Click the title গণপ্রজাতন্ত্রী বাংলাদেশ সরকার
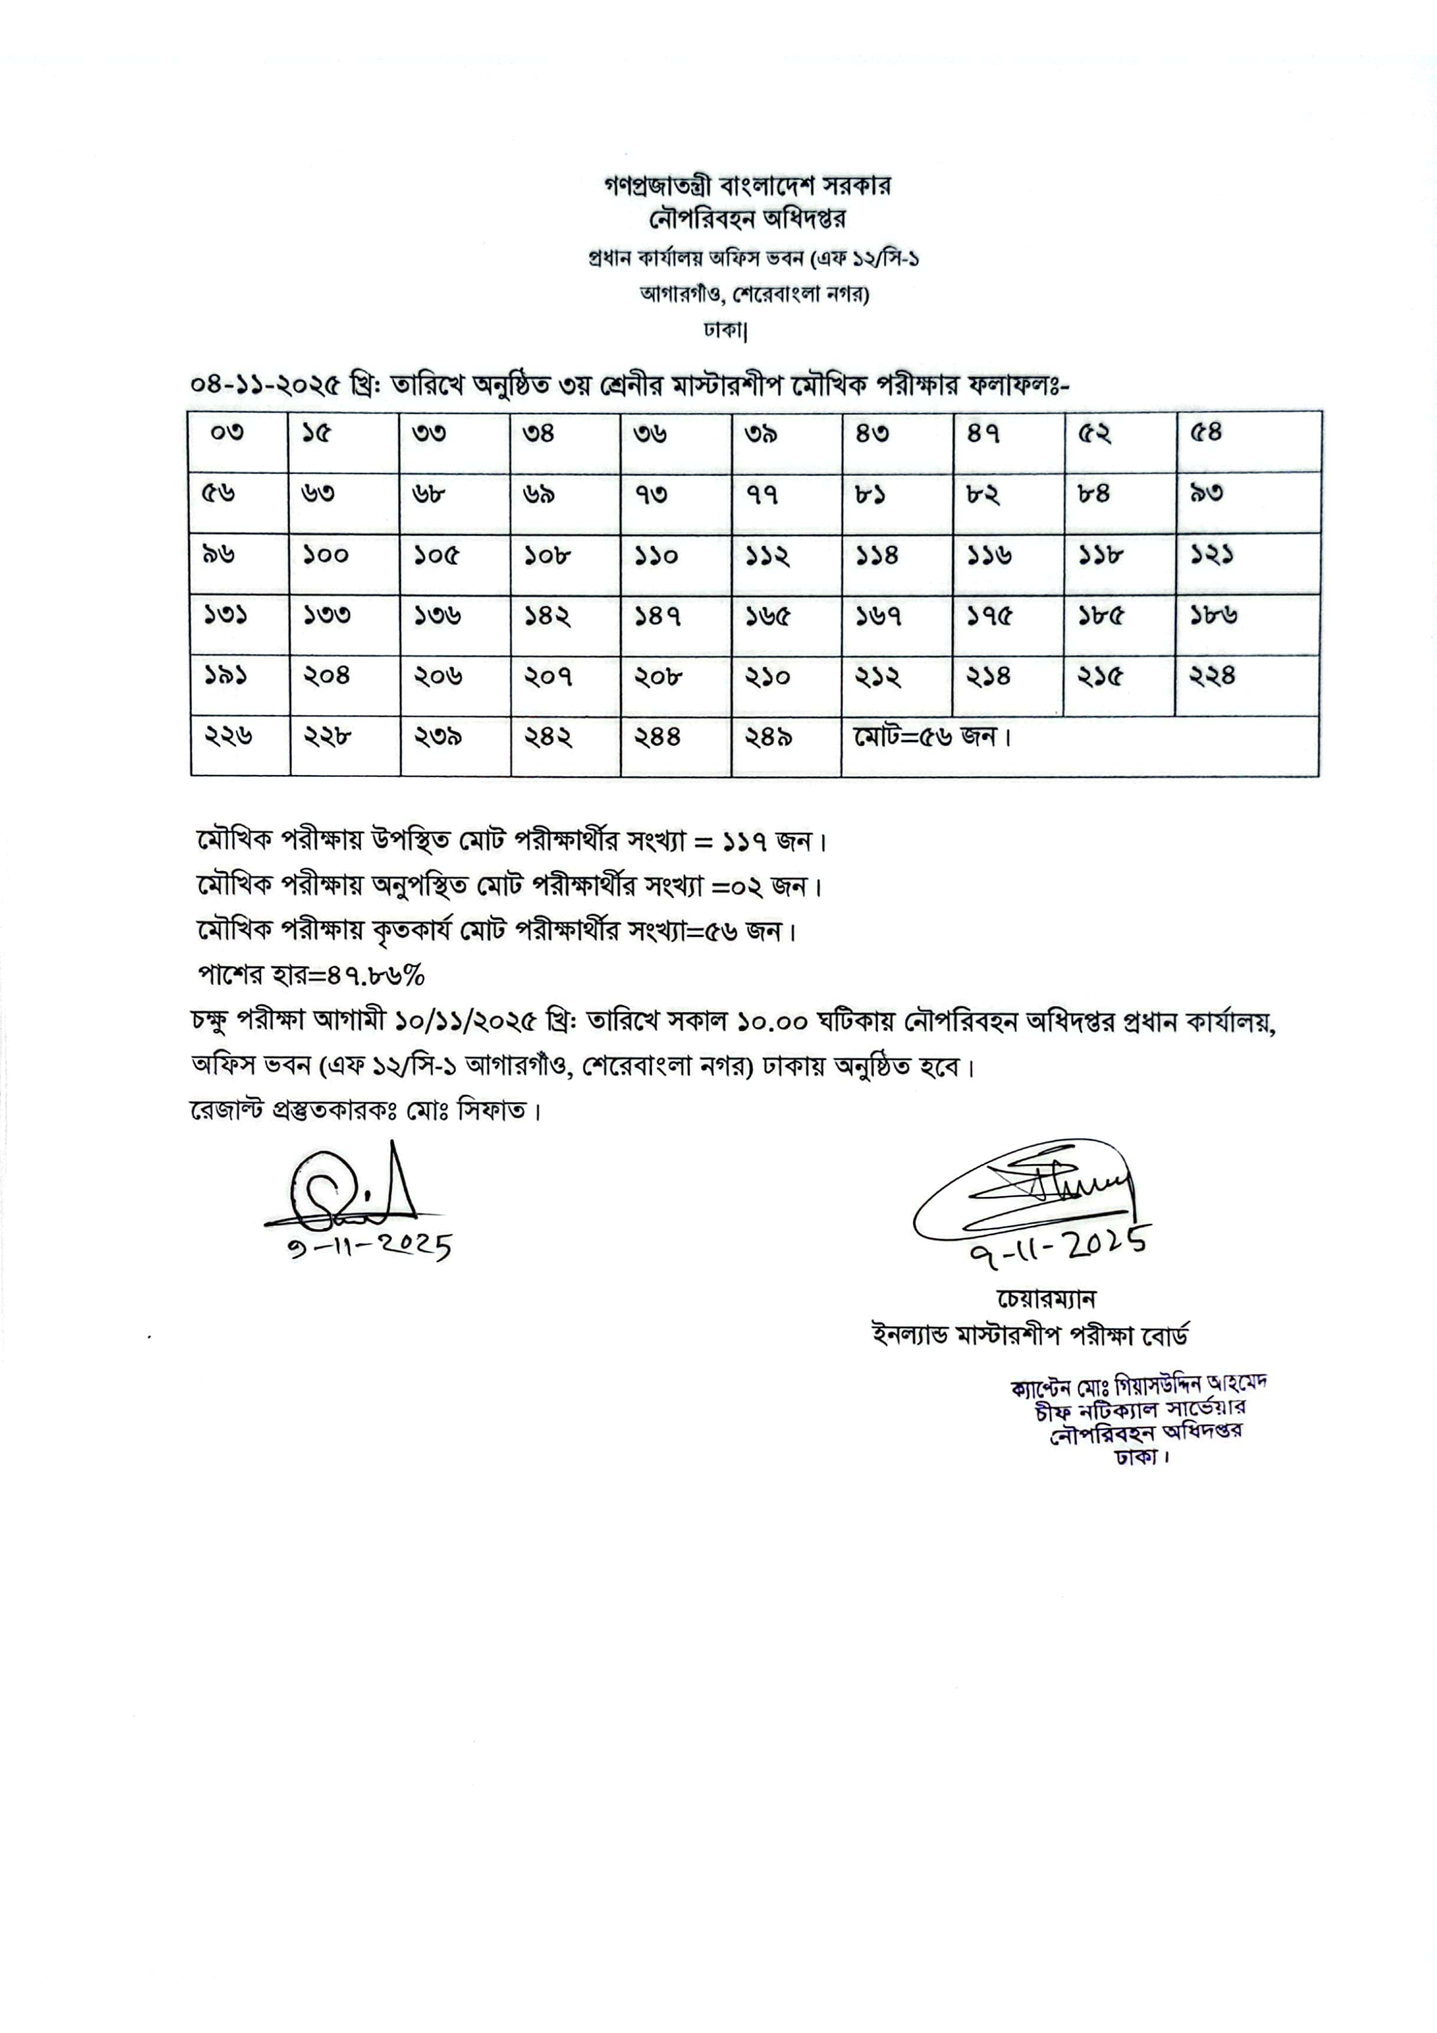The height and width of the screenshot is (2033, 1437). tap(746, 186)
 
